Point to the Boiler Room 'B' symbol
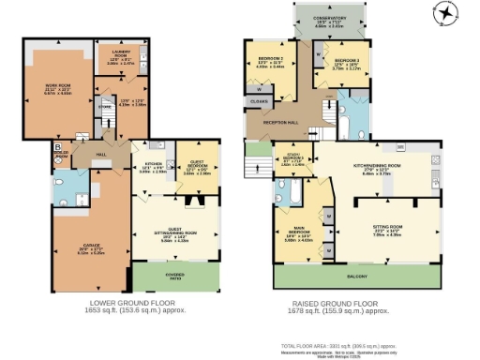click(x=57, y=147)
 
